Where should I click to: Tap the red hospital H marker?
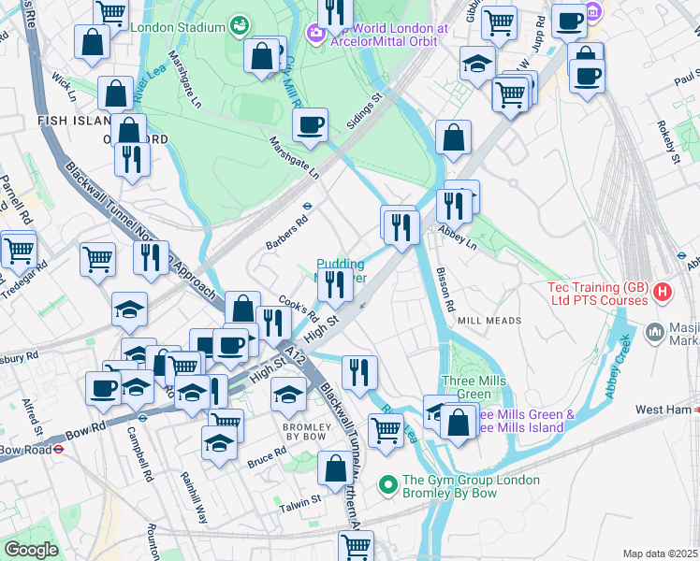click(x=664, y=293)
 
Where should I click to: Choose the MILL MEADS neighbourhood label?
click(x=489, y=321)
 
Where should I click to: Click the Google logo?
click(x=31, y=550)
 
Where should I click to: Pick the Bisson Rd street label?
click(x=445, y=290)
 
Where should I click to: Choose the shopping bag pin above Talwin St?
click(x=335, y=468)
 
